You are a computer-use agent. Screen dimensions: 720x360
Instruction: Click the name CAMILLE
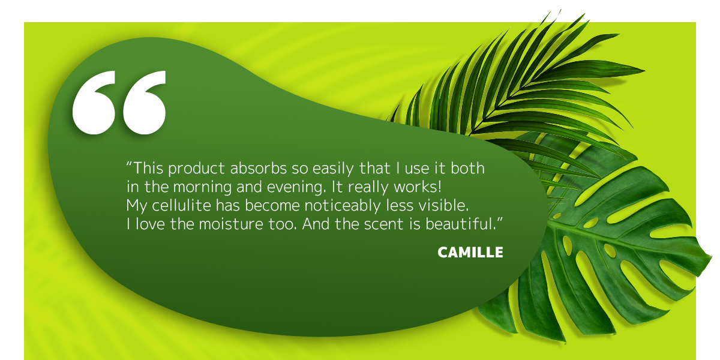(x=470, y=253)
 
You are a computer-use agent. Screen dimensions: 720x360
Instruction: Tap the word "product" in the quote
(x=196, y=169)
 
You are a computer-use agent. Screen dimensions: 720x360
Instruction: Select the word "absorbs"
(x=259, y=168)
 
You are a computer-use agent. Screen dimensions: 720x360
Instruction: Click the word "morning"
(x=202, y=187)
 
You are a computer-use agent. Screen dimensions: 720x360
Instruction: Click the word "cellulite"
(x=181, y=205)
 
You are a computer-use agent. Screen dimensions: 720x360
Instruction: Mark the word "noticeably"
(x=343, y=206)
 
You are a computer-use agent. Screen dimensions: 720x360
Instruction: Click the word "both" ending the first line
(x=467, y=168)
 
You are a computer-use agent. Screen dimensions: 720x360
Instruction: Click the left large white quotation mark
(x=94, y=103)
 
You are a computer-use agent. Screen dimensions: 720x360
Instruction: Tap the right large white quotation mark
(x=145, y=103)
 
